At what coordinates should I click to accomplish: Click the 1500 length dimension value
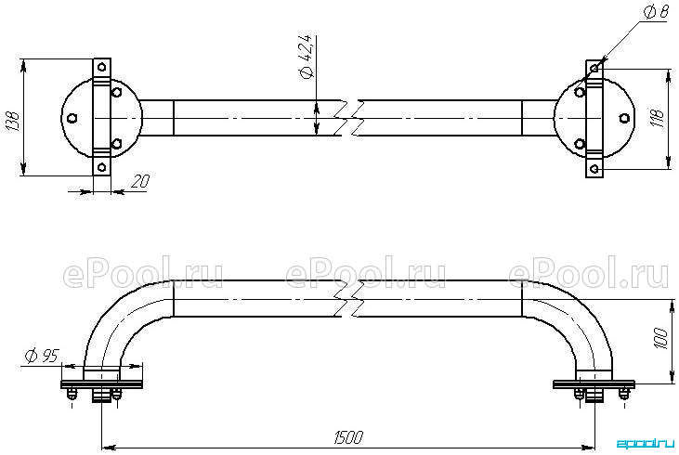point(348,438)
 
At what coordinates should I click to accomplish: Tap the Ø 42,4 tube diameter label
point(306,58)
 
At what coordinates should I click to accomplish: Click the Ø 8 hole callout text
point(656,13)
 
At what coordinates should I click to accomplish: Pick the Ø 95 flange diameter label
point(41,356)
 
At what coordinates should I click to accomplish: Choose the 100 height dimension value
point(659,340)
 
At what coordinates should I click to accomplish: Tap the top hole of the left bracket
point(102,67)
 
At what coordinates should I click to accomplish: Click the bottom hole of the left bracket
point(102,167)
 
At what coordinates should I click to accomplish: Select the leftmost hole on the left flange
point(72,118)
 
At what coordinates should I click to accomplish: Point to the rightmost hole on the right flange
point(624,118)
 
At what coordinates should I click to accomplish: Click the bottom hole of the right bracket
point(595,168)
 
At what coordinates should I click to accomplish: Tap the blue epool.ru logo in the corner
point(646,443)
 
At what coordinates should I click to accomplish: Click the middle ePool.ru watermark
point(366,272)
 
